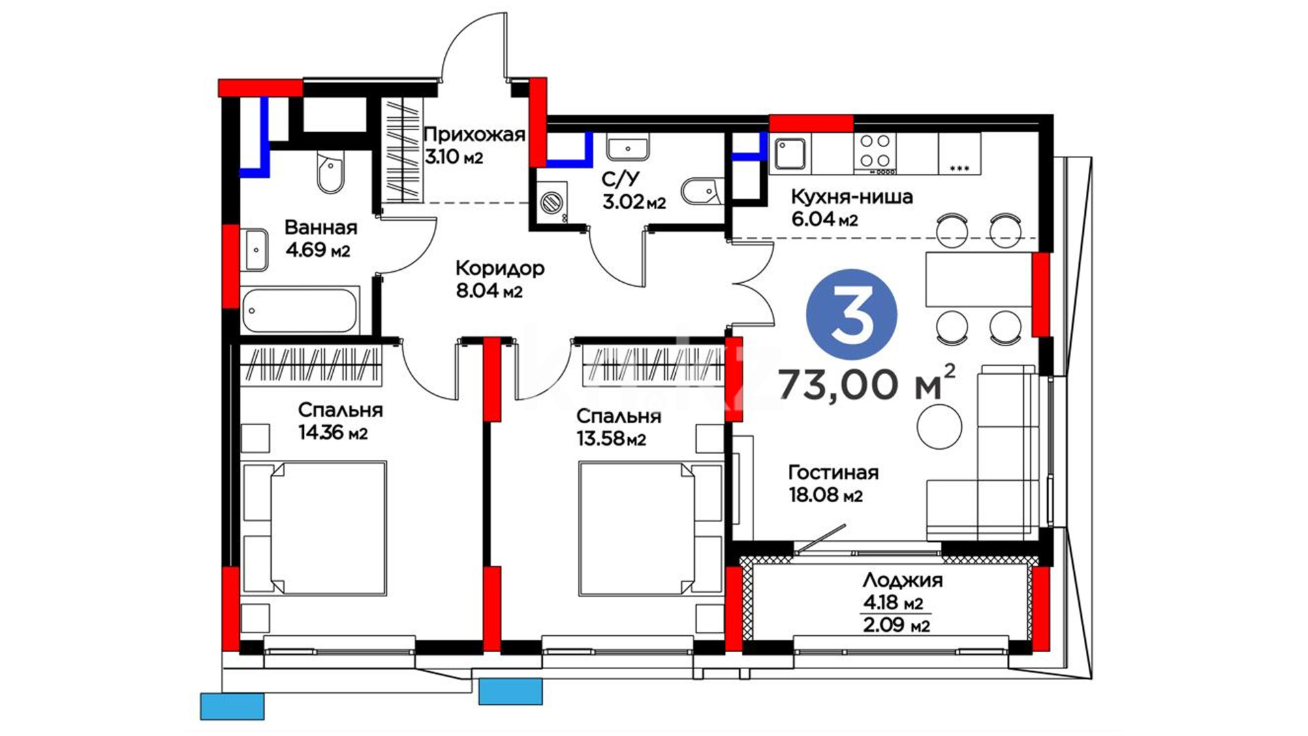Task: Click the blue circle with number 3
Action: coord(852,315)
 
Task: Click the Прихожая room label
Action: coord(474,134)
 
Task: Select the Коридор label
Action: coord(499,268)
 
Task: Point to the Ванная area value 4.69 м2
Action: coord(317,250)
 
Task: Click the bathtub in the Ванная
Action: coord(300,311)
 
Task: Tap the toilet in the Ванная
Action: coord(331,172)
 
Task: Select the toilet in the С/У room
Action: coord(702,191)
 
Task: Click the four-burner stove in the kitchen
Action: coord(875,151)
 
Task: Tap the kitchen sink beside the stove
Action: coord(790,155)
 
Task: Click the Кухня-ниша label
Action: coord(852,197)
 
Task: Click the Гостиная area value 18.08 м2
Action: coord(825,495)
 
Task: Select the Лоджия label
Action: coord(903,580)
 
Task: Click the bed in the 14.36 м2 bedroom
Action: coord(314,527)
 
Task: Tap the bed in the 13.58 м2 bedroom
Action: coord(650,528)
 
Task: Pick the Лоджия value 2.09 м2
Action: coord(896,624)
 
